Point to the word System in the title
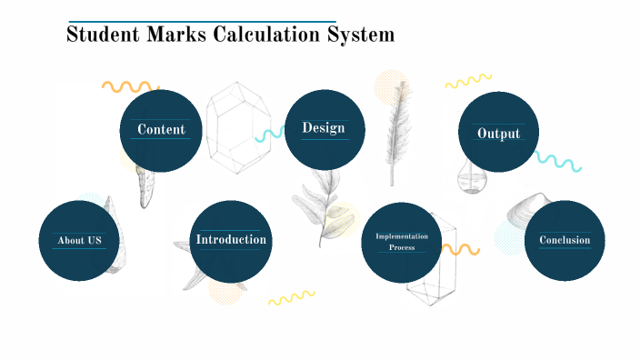[361, 35]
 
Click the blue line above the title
[202, 21]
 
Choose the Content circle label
[161, 130]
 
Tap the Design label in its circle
[325, 128]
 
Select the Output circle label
[498, 134]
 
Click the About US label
[79, 240]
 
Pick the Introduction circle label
[231, 239]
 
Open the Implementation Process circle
[402, 242]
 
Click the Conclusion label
[565, 240]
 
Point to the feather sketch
[395, 123]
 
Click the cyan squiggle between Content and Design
[269, 135]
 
